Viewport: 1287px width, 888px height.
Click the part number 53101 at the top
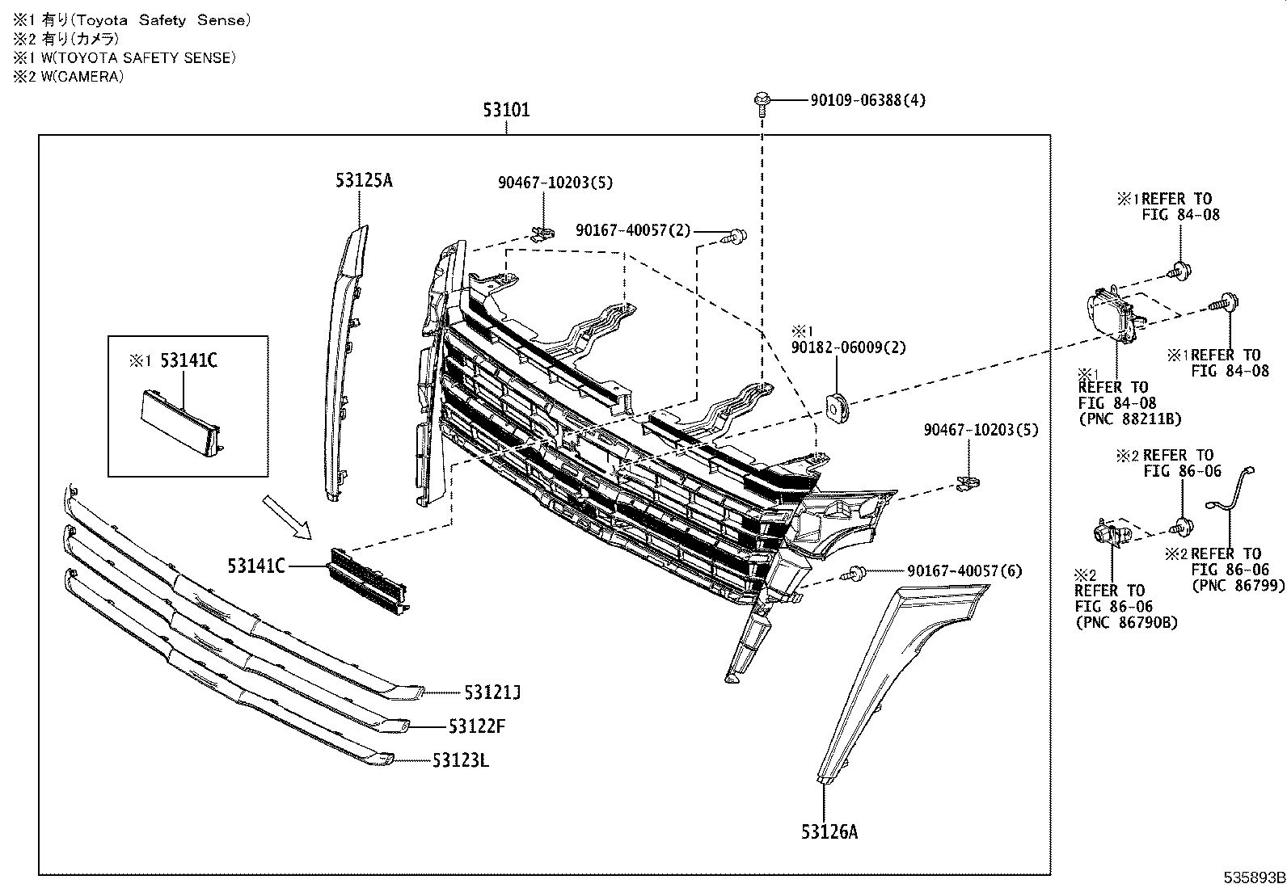tap(507, 110)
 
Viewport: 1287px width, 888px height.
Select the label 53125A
tap(364, 180)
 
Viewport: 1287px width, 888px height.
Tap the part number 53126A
tap(829, 831)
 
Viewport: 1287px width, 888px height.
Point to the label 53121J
tap(492, 692)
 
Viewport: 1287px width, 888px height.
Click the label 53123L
tap(460, 760)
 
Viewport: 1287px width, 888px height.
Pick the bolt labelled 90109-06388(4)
tap(761, 102)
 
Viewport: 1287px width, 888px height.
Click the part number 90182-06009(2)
tap(848, 347)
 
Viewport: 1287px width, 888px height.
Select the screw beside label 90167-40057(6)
tap(855, 574)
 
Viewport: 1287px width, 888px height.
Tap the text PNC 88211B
tap(1130, 419)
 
